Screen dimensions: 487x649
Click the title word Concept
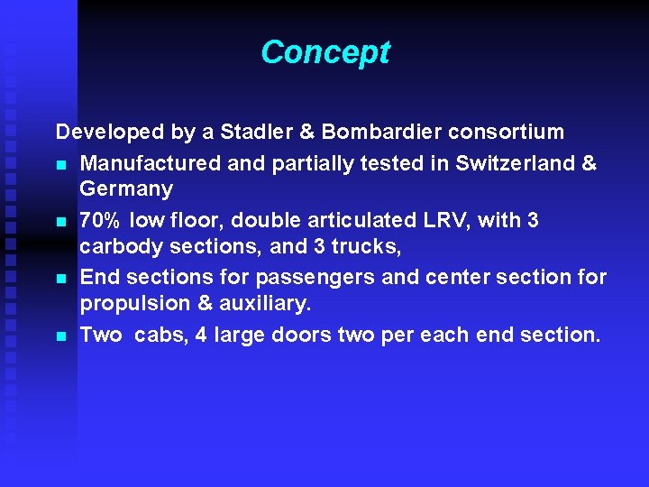(x=324, y=52)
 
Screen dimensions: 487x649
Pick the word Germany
(x=125, y=189)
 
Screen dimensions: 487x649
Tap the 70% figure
(x=99, y=221)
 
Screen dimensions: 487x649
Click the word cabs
(x=160, y=335)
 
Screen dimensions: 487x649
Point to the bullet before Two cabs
(x=60, y=336)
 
